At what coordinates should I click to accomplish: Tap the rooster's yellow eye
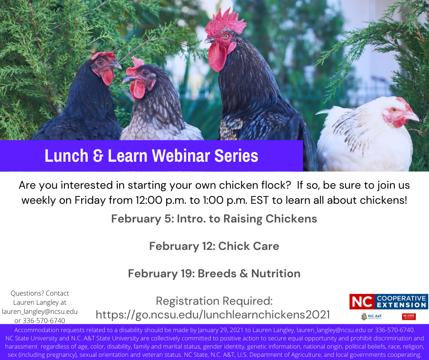(x=226, y=36)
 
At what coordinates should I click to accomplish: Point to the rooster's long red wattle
(x=217, y=57)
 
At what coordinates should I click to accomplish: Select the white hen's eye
(x=394, y=110)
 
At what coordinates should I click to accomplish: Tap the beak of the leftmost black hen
(x=116, y=66)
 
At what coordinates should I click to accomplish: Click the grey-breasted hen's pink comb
(x=134, y=66)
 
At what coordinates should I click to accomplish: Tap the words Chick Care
(x=248, y=246)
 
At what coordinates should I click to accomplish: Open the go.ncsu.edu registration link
(x=213, y=314)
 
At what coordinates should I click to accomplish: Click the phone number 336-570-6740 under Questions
(x=44, y=321)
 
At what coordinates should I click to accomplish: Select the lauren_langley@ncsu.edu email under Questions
(x=40, y=312)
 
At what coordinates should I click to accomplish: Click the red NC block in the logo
(x=362, y=302)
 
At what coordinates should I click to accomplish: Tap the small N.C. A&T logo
(x=371, y=317)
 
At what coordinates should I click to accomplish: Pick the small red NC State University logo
(x=409, y=317)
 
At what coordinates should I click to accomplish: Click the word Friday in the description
(x=90, y=200)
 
